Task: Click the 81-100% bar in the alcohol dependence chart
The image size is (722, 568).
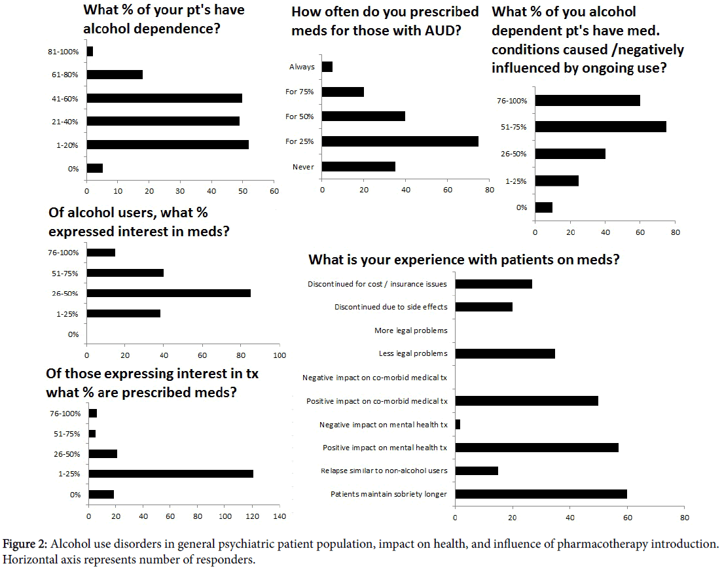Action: [90, 51]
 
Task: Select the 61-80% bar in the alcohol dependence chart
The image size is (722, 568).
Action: [115, 75]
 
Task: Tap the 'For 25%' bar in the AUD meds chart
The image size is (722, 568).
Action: [400, 141]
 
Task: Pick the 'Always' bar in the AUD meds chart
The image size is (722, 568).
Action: [327, 66]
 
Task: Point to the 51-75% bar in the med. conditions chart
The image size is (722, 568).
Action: [600, 127]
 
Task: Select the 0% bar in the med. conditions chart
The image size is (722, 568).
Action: [544, 207]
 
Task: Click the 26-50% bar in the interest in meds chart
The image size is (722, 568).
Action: [168, 293]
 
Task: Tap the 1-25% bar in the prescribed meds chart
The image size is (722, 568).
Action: [171, 473]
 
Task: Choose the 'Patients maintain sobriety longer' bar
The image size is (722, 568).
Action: [541, 494]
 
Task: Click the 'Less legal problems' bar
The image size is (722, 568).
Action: [505, 353]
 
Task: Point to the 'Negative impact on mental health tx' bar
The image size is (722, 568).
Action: [458, 425]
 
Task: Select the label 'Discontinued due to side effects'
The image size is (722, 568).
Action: [391, 307]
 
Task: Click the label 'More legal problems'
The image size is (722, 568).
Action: [410, 330]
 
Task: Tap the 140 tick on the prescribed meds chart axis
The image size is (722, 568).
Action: [280, 517]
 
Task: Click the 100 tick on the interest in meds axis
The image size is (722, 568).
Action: [280, 355]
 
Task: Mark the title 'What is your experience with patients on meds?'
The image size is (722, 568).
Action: [464, 258]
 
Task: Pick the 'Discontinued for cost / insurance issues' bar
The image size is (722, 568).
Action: [494, 284]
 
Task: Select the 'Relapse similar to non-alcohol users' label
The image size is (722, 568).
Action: [384, 471]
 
